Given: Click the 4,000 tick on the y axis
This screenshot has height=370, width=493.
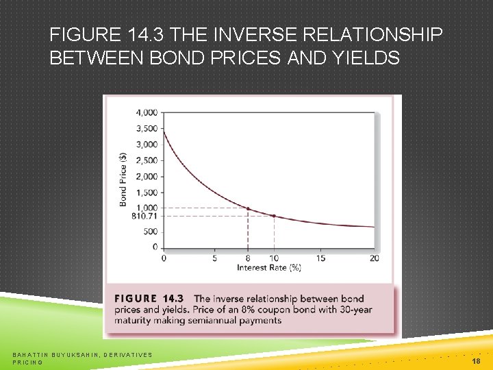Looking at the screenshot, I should [x=147, y=112].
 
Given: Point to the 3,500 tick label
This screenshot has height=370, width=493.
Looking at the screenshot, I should [x=147, y=129].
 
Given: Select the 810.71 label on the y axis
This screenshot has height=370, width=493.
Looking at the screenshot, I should [x=146, y=216].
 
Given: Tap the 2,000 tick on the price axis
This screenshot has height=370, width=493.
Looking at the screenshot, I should [x=147, y=177].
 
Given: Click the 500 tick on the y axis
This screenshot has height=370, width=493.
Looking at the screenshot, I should [x=151, y=232].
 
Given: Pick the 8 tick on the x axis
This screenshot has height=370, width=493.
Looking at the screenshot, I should [x=247, y=258].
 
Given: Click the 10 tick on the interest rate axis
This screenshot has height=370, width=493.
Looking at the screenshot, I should [x=274, y=258].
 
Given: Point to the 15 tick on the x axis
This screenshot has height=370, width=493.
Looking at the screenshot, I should [x=320, y=258].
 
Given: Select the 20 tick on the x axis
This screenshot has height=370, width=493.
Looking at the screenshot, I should [x=374, y=258].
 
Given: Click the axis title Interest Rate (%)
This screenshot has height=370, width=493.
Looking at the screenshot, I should [x=269, y=268].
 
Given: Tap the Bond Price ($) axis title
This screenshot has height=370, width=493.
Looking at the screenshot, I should [x=124, y=179].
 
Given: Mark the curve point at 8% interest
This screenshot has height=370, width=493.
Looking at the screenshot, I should [x=247, y=208].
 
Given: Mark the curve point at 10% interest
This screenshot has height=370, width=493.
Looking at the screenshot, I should [x=274, y=216].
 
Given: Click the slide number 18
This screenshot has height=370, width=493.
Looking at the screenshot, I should [x=476, y=360].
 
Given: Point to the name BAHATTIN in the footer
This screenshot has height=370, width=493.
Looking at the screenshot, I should [x=31, y=354].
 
